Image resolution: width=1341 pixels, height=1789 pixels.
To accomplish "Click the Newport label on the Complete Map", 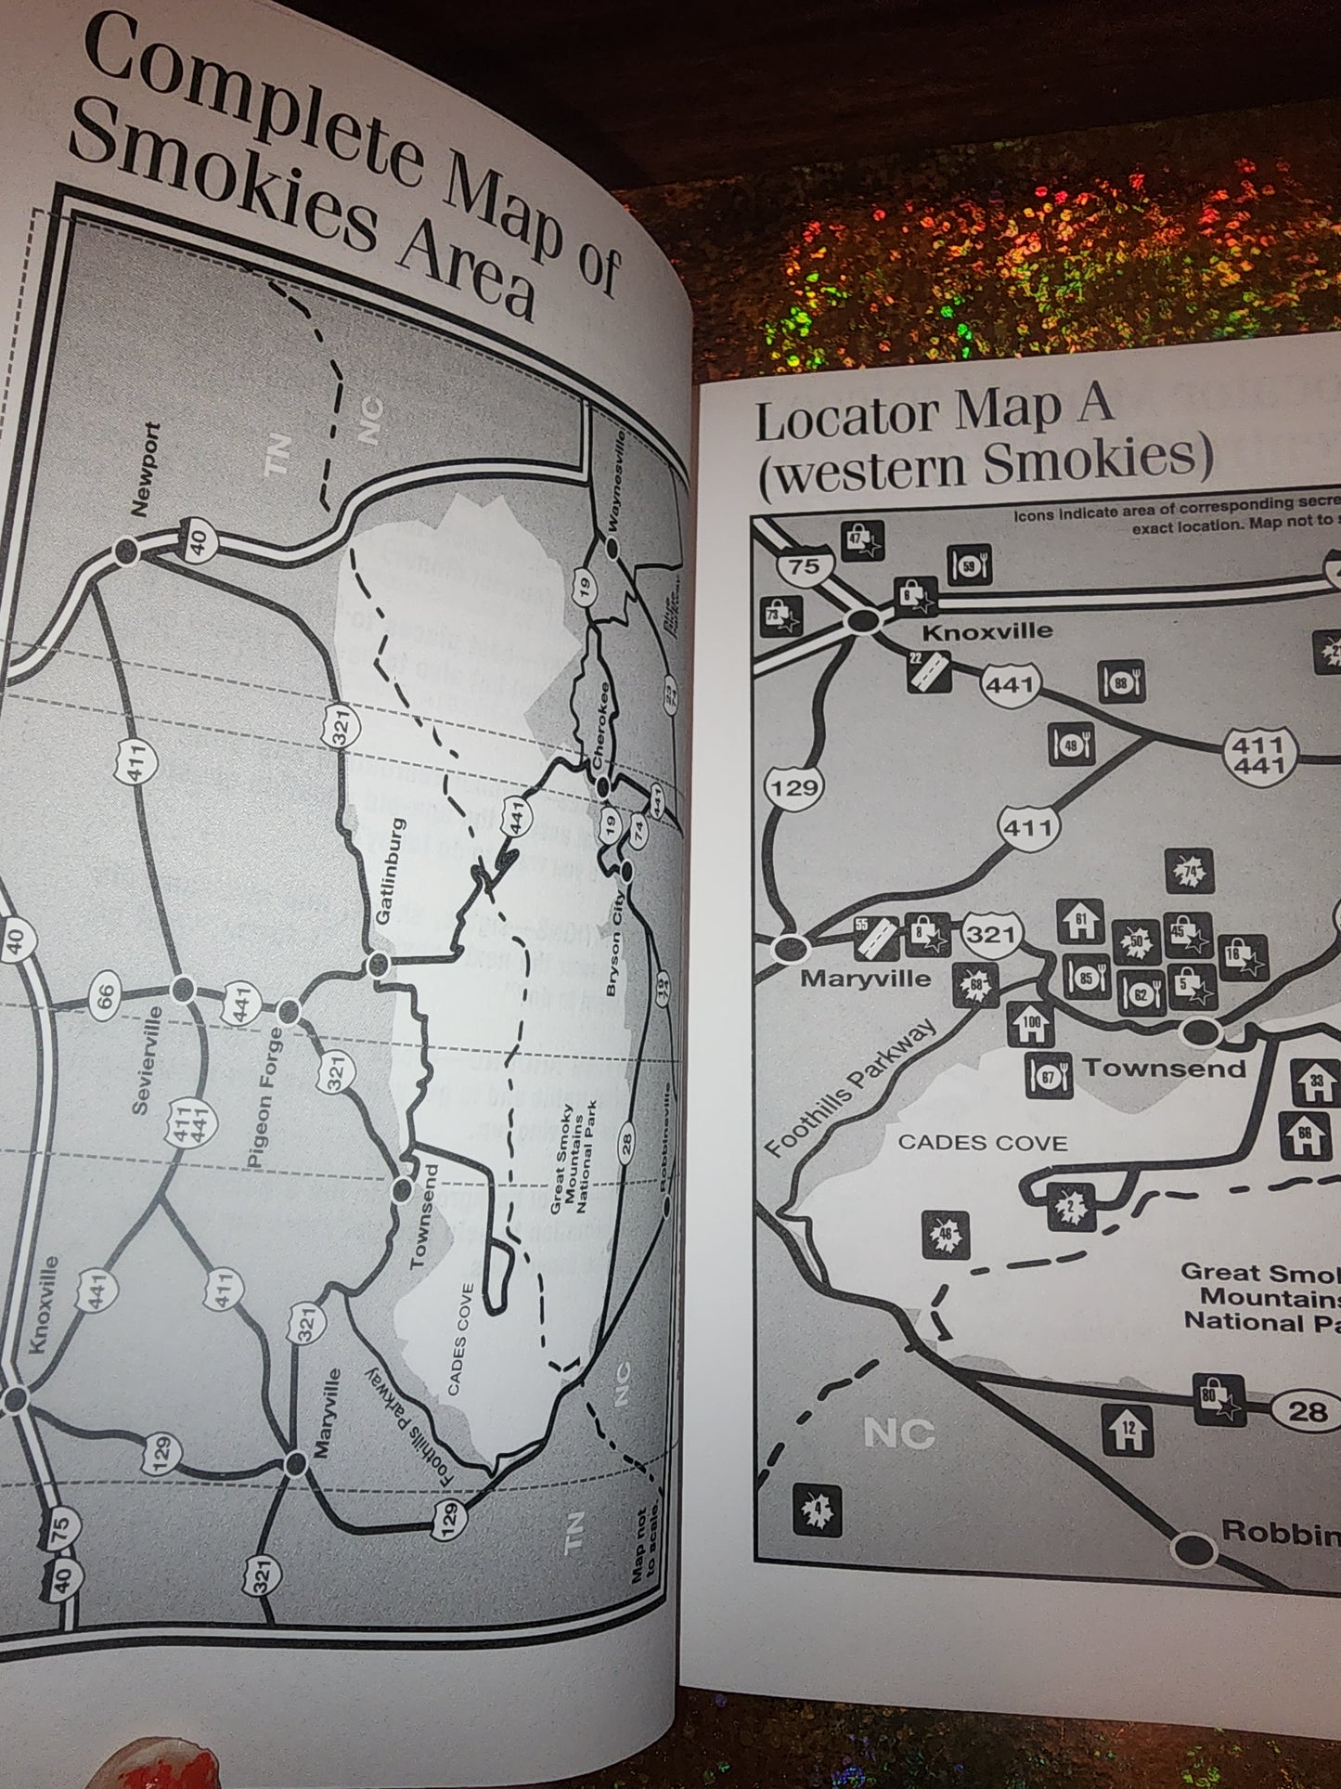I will (146, 470).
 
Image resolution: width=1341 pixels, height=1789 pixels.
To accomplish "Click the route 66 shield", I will (105, 995).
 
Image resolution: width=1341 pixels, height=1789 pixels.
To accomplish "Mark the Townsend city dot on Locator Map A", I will (1200, 1031).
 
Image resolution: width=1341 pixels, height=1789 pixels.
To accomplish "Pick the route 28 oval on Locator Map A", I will (1308, 1413).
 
